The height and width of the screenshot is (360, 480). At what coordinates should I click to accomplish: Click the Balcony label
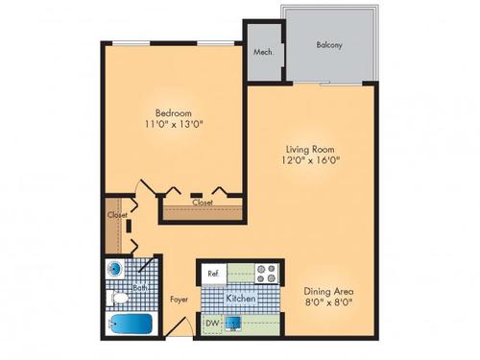tap(330, 45)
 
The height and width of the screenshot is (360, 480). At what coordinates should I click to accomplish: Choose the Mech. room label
tap(262, 53)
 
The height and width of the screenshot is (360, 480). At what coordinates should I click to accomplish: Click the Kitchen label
tap(239, 299)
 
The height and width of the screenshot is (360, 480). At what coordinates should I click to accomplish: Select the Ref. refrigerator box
tap(213, 274)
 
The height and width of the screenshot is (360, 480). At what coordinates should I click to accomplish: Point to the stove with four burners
tap(266, 273)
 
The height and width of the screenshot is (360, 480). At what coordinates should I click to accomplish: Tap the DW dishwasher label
tap(211, 324)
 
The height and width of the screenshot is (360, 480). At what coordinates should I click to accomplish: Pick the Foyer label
tap(180, 299)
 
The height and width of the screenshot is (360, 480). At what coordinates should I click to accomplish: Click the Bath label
tap(139, 287)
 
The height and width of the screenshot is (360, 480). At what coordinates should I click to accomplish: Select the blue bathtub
tap(127, 324)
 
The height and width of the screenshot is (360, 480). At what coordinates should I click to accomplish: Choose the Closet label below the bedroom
tap(202, 204)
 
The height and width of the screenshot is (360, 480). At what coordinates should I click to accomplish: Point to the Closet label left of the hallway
tap(117, 215)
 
